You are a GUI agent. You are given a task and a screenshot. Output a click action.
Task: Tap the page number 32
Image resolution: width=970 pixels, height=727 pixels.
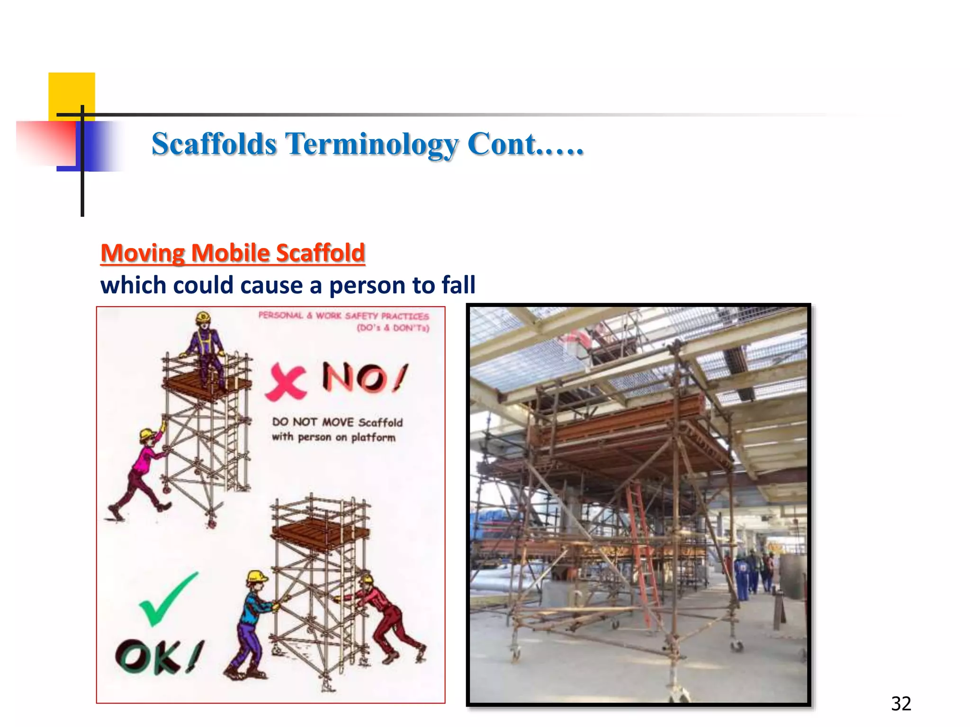(x=901, y=704)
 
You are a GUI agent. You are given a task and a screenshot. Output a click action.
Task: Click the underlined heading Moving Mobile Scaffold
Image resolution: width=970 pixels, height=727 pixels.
(x=233, y=253)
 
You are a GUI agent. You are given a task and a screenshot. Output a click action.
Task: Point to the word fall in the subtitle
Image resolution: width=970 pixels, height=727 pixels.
(x=458, y=285)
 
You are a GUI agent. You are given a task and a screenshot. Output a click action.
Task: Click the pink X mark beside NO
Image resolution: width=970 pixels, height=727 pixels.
(x=286, y=382)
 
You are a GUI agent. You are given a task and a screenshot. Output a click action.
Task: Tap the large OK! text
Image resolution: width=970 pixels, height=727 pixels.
(x=159, y=657)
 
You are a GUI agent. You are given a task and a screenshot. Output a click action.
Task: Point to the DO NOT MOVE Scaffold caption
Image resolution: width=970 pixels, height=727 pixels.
(x=337, y=429)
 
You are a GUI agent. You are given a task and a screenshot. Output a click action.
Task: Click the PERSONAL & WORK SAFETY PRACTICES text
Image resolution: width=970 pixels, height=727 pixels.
(x=343, y=316)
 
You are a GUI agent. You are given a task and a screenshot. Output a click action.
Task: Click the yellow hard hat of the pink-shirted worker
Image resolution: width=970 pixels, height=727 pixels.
(x=146, y=434)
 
